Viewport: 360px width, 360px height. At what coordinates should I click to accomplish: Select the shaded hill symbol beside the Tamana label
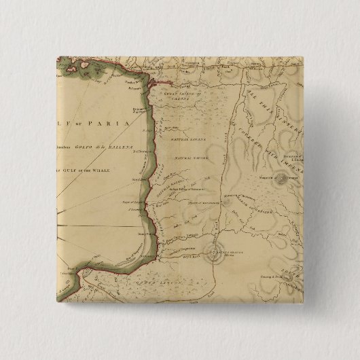(280, 181)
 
